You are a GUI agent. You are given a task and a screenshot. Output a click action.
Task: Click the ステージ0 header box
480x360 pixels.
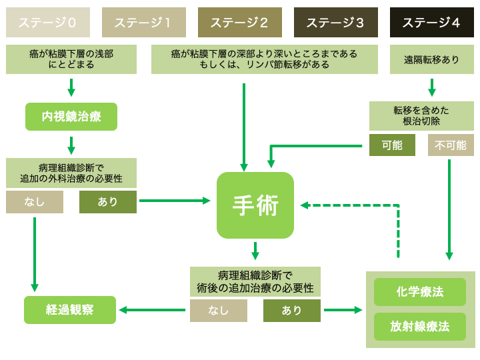[47, 23]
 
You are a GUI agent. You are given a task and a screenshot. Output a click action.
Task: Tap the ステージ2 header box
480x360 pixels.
[239, 23]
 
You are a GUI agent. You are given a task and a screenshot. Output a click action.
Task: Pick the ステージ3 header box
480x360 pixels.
[335, 23]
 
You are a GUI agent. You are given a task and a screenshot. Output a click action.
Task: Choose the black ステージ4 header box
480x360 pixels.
[431, 23]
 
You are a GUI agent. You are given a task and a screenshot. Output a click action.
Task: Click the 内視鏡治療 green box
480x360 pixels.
[71, 117]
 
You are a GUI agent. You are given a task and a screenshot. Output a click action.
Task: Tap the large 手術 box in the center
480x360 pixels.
[255, 205]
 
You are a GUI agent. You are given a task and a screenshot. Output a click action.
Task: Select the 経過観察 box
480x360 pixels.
[70, 310]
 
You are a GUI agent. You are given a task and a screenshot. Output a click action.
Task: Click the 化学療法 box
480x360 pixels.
[420, 292]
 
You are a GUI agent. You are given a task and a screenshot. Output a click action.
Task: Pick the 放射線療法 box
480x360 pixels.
[420, 327]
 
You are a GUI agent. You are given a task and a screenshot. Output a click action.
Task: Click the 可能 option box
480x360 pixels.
[392, 145]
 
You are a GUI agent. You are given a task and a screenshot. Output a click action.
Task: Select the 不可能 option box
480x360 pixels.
[451, 145]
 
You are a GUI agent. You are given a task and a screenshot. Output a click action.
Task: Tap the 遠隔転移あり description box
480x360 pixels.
[431, 59]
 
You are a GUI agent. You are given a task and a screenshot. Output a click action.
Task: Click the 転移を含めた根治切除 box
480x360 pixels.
[421, 116]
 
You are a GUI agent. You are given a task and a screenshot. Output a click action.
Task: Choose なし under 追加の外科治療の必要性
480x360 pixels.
[35, 202]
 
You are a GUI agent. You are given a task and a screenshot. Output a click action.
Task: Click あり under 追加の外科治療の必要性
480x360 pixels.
[108, 202]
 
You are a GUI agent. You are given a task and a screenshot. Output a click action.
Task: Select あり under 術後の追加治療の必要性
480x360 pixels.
[292, 311]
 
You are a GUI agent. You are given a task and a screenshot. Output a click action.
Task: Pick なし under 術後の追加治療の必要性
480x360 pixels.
[219, 311]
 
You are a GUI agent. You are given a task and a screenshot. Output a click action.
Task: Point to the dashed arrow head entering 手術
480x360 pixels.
[304, 205]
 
